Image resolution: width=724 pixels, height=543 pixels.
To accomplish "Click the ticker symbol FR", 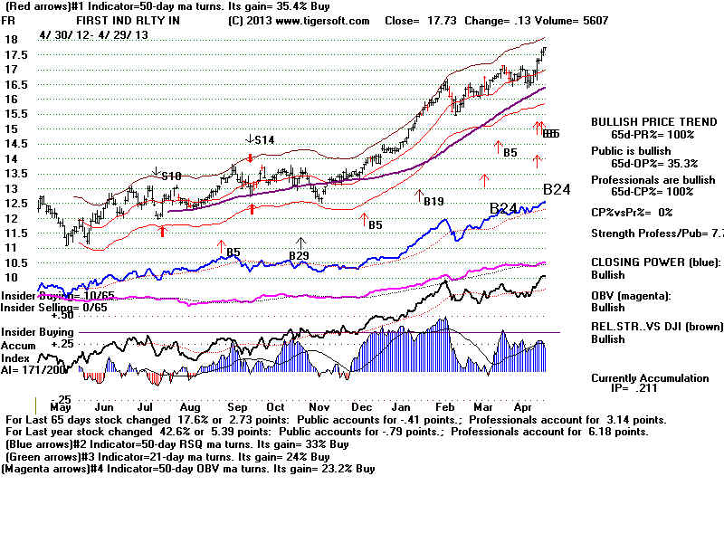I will click(10, 21).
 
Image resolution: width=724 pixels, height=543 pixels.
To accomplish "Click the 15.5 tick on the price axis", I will click(17, 114).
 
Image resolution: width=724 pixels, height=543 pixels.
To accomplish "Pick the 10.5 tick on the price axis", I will click(17, 262).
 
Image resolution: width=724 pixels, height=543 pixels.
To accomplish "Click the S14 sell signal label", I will click(262, 140).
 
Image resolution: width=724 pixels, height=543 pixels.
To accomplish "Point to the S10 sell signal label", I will click(171, 175).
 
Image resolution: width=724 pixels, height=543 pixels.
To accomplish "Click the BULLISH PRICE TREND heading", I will click(643, 121).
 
